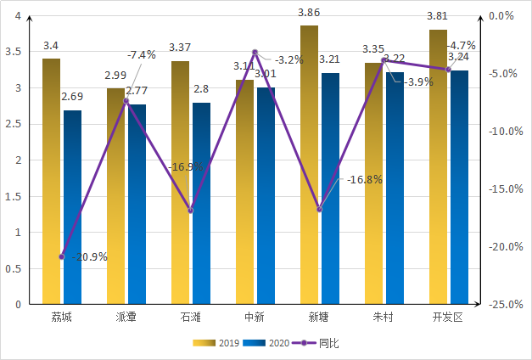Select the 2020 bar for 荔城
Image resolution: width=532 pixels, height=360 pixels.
pyautogui.click(x=73, y=207)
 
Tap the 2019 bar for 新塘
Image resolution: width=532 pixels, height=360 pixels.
pyautogui.click(x=310, y=165)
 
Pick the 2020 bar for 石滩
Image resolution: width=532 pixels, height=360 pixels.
pyautogui.click(x=202, y=203)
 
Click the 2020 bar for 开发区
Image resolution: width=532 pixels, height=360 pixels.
pyautogui.click(x=460, y=187)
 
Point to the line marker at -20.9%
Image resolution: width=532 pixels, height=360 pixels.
pyautogui.click(x=62, y=256)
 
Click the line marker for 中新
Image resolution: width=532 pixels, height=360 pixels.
pyautogui.click(x=255, y=53)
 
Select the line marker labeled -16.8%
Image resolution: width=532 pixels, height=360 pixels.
pyautogui.click(x=320, y=209)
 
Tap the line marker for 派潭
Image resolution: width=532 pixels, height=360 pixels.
pyautogui.click(x=126, y=101)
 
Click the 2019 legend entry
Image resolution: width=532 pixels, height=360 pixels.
pyautogui.click(x=216, y=343)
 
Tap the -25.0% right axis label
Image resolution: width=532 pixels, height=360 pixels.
pyautogui.click(x=505, y=304)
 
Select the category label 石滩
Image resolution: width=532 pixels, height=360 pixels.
pyautogui.click(x=191, y=318)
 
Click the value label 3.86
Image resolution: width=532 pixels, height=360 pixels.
pyautogui.click(x=309, y=14)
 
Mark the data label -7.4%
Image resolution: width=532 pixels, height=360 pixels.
pyautogui.click(x=141, y=55)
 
